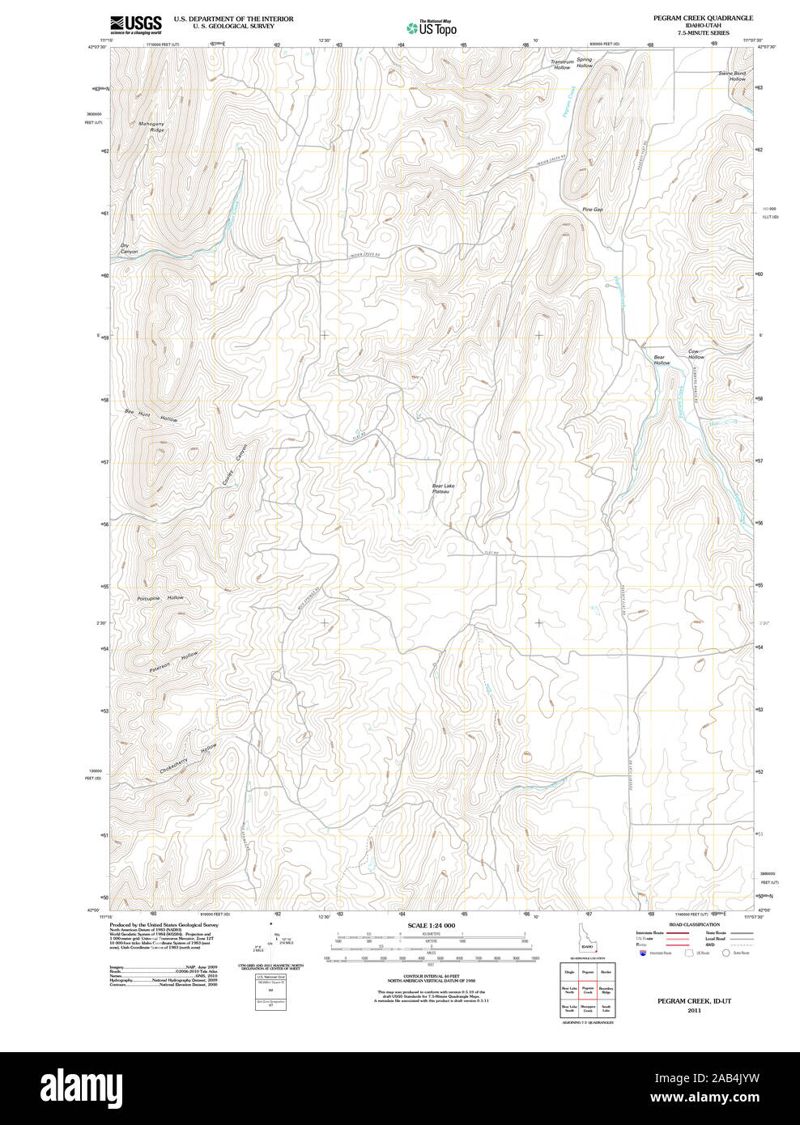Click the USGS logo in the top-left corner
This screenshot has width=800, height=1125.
coord(135,24)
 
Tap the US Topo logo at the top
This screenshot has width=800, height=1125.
coord(432,28)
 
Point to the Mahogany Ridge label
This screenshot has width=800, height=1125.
coord(151,127)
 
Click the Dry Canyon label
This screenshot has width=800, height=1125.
coord(129,248)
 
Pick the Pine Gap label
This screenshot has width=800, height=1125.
coord(592,210)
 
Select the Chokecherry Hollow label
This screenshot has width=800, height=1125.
coord(188,759)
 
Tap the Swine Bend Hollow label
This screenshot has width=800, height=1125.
coord(733,76)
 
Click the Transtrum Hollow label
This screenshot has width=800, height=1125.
coord(562,65)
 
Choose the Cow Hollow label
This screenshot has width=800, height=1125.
coord(696,354)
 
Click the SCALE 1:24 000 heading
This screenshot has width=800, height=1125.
coord(431,925)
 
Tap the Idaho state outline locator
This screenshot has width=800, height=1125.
coord(586,940)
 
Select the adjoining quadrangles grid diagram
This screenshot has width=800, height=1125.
coord(588,989)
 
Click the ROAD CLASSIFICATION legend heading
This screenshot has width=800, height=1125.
coord(694,924)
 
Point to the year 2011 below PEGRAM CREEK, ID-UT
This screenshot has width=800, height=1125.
coord(694,1011)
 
